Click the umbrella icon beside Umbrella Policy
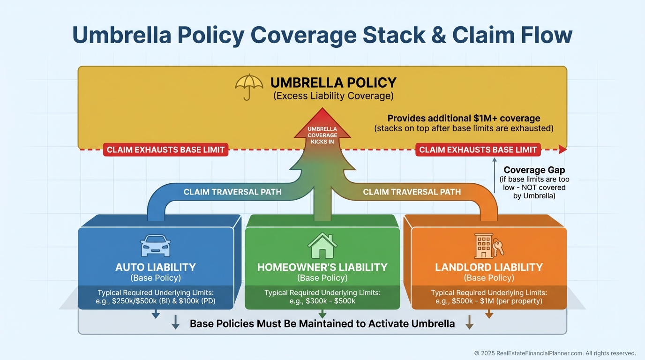pos(249,87)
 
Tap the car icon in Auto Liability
pos(155,246)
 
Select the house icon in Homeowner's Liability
pos(322,246)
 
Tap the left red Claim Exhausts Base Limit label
pos(166,150)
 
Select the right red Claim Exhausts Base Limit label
pos(478,150)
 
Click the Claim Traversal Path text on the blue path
pos(232,192)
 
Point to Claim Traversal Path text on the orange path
pos(412,192)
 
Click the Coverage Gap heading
pos(534,170)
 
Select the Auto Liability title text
pos(156,267)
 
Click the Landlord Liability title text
pos(489,267)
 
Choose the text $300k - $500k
pos(322,301)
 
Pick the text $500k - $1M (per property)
pos(489,301)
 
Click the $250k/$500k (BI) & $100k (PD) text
pos(156,301)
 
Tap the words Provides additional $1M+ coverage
pos(464,118)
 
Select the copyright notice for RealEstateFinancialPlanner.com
pos(555,353)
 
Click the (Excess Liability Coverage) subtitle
pos(333,96)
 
